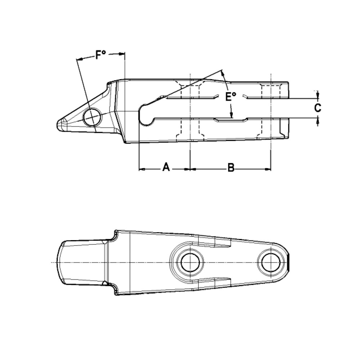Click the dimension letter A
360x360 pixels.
pos(165,167)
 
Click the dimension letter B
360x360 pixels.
pos(231,168)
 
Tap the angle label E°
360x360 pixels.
pos(230,97)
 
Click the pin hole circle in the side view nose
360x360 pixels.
pos(92,116)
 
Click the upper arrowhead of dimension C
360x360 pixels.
pos(318,96)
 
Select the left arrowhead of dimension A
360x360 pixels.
pos(141,168)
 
